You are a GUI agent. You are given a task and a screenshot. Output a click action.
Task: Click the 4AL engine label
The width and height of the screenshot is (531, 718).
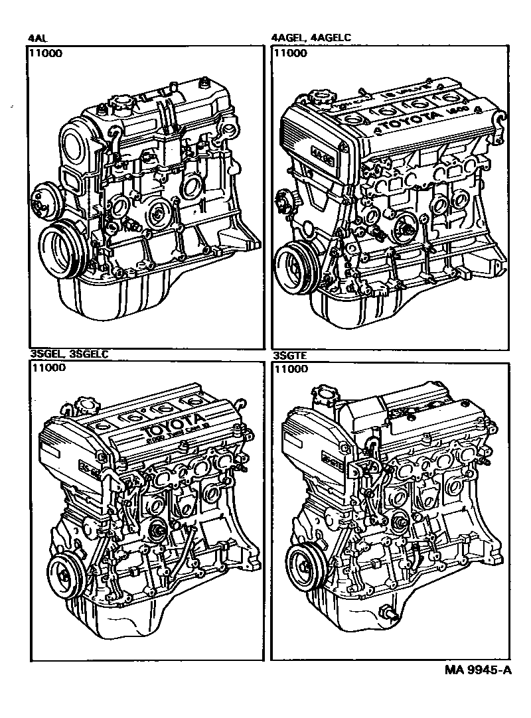(38, 38)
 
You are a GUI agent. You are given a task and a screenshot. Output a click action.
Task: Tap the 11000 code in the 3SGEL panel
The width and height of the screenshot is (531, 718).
(48, 370)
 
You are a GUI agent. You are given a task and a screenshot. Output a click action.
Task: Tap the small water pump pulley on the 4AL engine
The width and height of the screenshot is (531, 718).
(43, 197)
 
